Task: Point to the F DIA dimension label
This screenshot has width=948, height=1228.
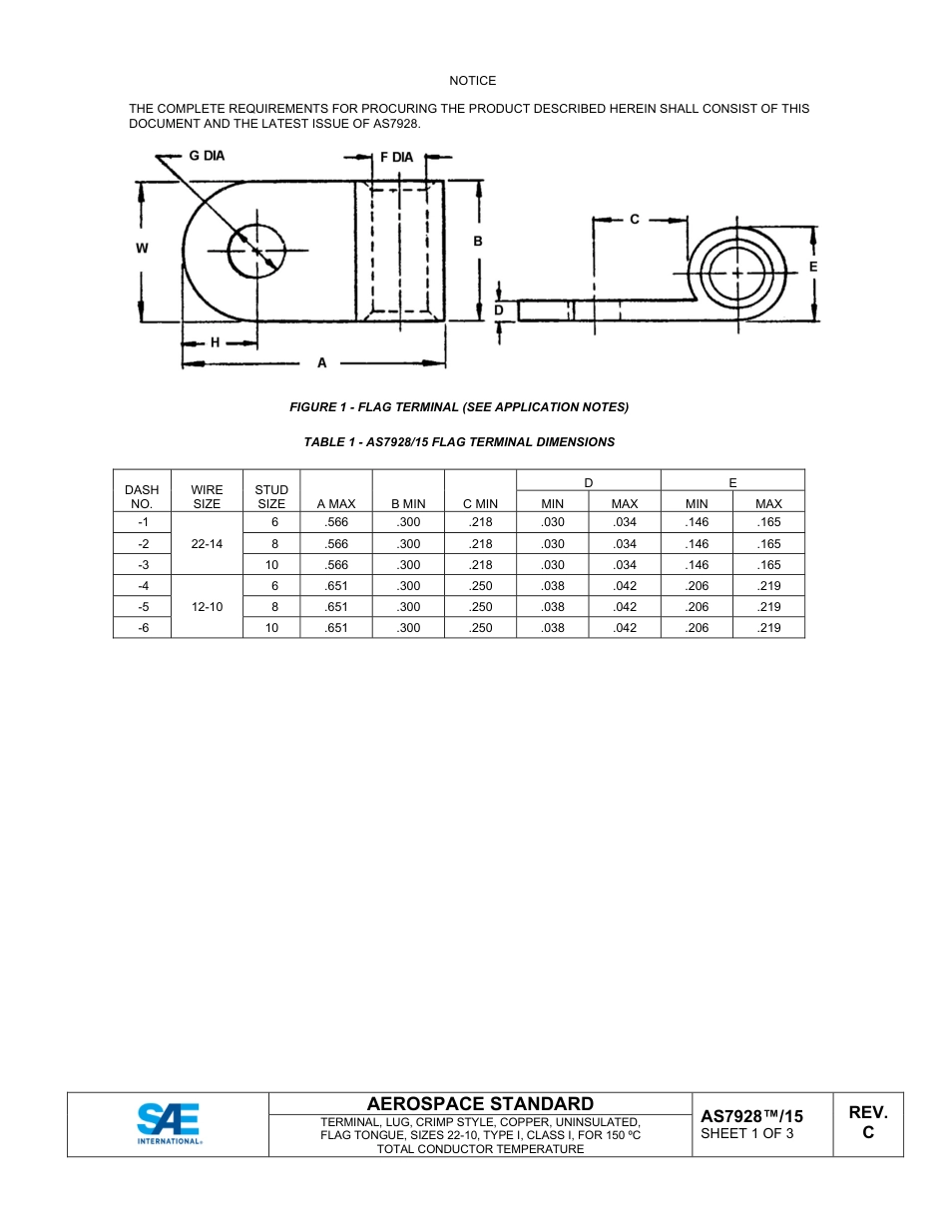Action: [x=397, y=158]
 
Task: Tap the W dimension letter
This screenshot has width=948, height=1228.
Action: [x=142, y=249]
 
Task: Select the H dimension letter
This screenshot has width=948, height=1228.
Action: [x=215, y=341]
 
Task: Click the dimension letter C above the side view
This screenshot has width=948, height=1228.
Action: [x=635, y=219]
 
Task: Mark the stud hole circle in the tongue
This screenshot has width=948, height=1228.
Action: [x=256, y=251]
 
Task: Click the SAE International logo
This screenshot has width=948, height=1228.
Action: [x=169, y=1123]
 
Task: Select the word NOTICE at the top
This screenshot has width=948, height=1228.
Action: [x=472, y=81]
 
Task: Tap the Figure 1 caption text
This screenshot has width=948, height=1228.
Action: [x=459, y=407]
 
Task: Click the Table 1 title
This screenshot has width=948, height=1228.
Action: [x=459, y=442]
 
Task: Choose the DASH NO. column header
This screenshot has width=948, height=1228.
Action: [x=142, y=496]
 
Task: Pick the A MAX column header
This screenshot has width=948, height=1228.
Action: [x=336, y=504]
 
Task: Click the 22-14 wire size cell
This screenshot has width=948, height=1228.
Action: [x=207, y=544]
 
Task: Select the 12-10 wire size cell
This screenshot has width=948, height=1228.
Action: [x=207, y=607]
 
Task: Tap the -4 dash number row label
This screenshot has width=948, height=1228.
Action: [x=142, y=586]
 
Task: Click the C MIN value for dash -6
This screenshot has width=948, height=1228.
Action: [x=481, y=628]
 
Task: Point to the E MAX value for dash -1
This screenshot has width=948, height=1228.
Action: [x=768, y=522]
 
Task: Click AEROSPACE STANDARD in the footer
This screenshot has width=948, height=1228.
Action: [x=480, y=1103]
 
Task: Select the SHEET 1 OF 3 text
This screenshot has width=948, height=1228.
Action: [x=747, y=1133]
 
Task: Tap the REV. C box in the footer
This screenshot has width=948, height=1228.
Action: [x=868, y=1123]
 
